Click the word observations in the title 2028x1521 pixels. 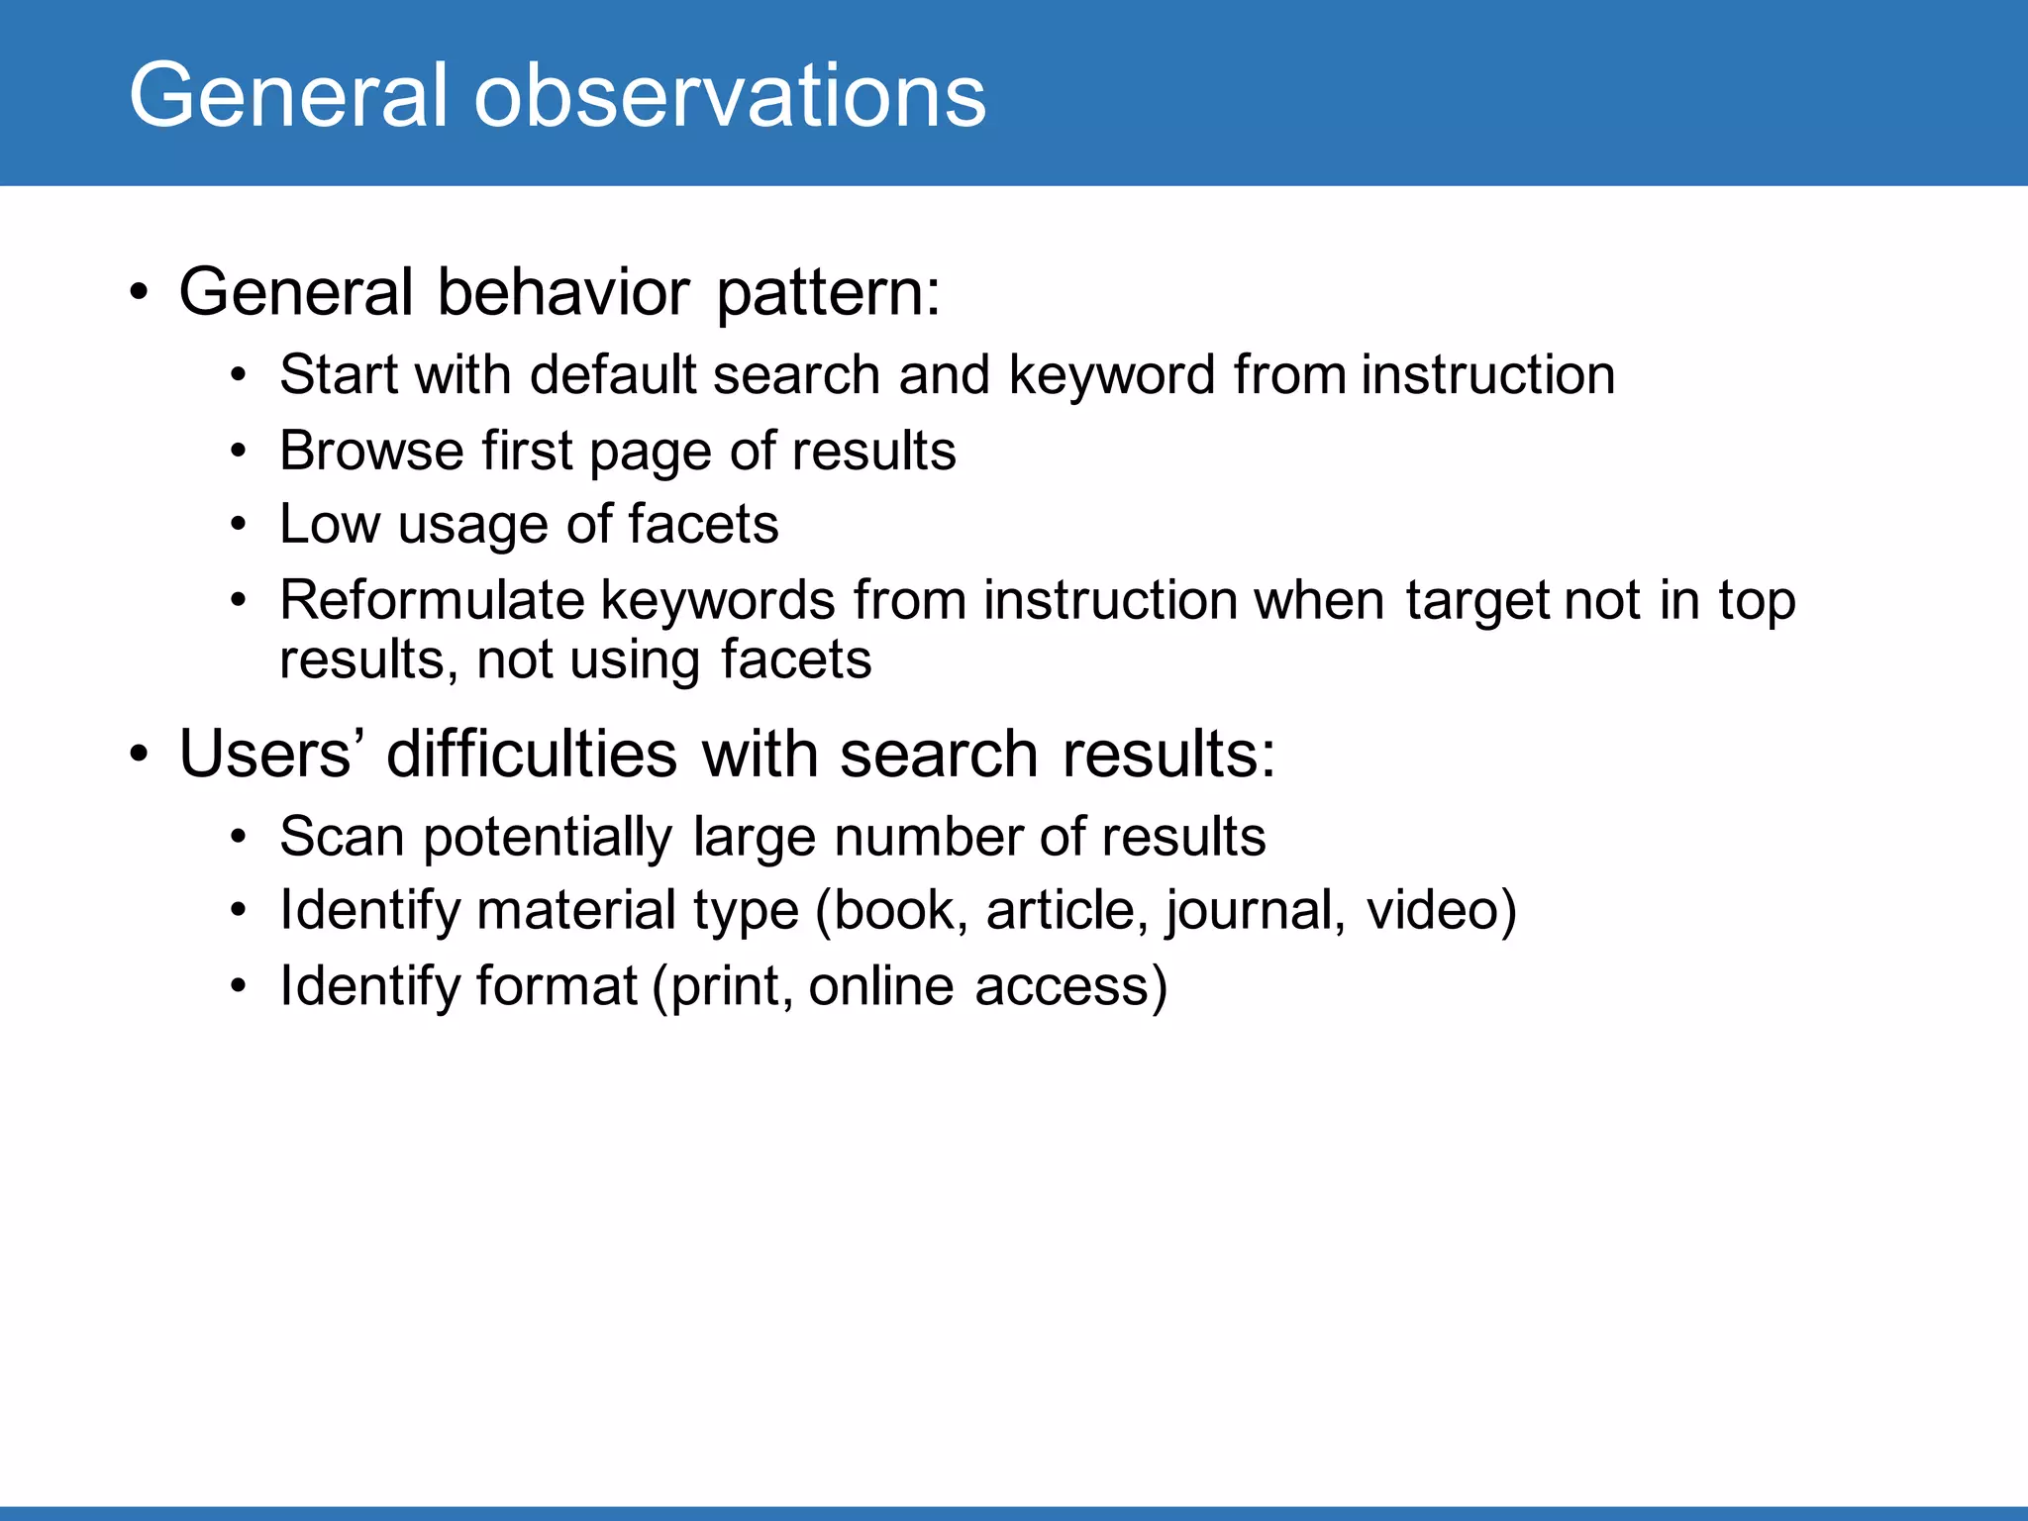click(x=730, y=96)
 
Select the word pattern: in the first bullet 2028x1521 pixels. click(x=828, y=294)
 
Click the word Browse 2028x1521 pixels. click(x=371, y=451)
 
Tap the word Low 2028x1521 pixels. click(x=329, y=524)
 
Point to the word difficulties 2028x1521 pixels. click(x=532, y=755)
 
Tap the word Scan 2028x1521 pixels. click(x=342, y=837)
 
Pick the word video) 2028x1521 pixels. click(x=1441, y=911)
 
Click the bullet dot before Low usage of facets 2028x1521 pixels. click(x=238, y=525)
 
